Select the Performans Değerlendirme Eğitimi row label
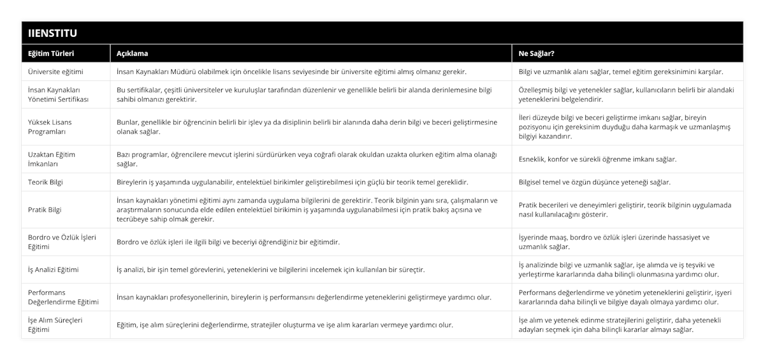[64, 297]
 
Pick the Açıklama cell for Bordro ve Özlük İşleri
[228, 242]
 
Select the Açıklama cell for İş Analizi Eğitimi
[270, 270]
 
